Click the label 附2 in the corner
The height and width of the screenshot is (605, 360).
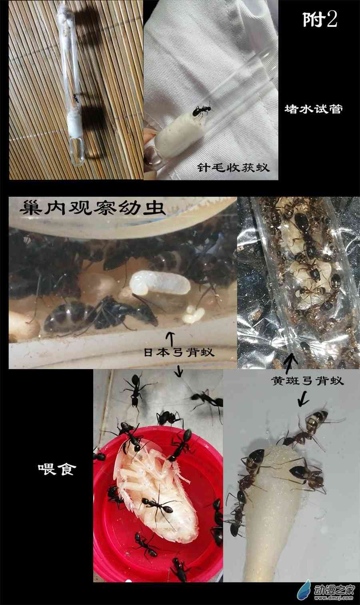(320, 20)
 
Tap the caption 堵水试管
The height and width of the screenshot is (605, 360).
(314, 109)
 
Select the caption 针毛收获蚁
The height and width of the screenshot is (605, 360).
(233, 167)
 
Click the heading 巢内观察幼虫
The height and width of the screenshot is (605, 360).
(92, 208)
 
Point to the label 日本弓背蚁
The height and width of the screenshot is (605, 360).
(179, 352)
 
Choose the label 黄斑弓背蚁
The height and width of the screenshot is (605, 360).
(307, 381)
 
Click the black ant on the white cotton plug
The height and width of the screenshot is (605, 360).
(202, 111)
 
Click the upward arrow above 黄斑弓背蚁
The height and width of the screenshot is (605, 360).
(291, 364)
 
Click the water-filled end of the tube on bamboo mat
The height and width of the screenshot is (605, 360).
(78, 151)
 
